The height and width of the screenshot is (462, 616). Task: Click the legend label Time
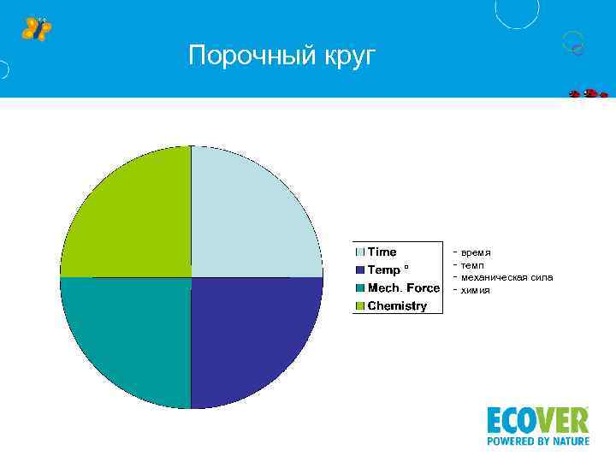point(382,252)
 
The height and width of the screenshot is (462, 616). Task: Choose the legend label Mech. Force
point(403,287)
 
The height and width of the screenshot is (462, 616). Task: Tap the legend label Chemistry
point(397,305)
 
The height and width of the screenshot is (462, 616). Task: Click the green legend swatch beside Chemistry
point(361,306)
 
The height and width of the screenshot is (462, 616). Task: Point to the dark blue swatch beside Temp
point(361,270)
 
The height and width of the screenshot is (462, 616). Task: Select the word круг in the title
point(349,57)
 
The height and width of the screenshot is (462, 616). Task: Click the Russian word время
point(476,253)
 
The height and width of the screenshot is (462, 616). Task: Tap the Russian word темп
point(472,265)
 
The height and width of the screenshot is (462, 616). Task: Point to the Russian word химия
point(476,290)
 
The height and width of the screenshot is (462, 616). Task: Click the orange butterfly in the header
point(36,28)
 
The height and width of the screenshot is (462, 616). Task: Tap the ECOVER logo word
point(537,420)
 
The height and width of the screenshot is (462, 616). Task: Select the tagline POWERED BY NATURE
point(537,441)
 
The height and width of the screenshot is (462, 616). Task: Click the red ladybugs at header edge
point(589,93)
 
